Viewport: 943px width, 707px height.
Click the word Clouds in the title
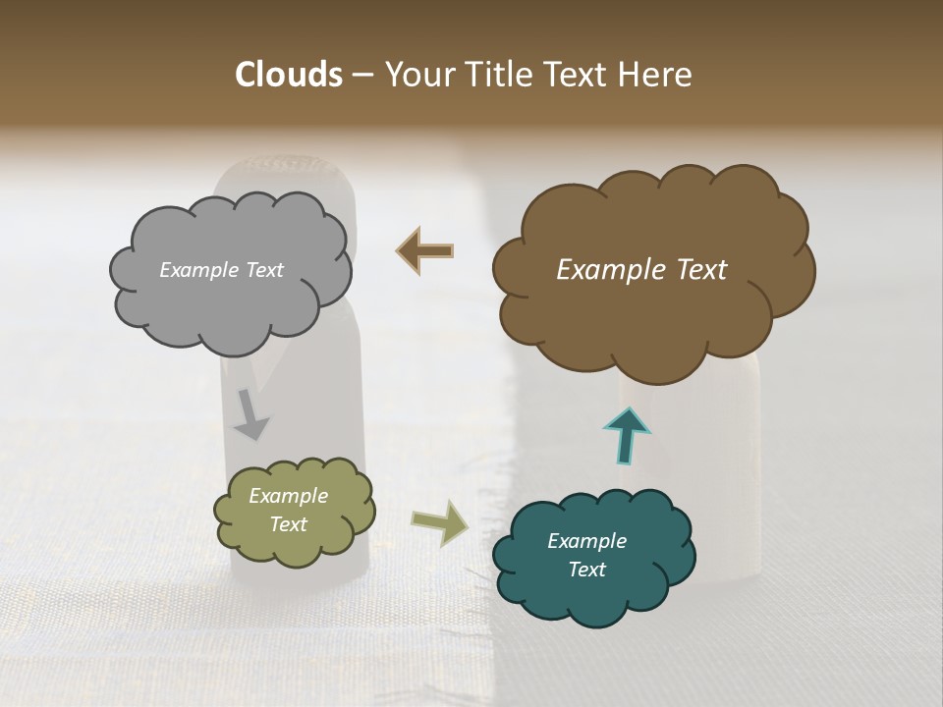click(x=288, y=75)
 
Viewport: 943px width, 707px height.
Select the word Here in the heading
click(x=656, y=75)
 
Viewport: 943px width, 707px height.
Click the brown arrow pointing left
click(x=424, y=251)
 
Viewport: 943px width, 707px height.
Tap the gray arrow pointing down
click(x=251, y=414)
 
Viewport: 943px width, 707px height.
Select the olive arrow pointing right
click(x=440, y=522)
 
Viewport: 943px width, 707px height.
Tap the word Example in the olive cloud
click(x=288, y=496)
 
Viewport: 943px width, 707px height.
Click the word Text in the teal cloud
click(x=586, y=570)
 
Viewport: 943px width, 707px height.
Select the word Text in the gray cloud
click(x=264, y=270)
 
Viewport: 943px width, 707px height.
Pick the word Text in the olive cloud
click(x=288, y=524)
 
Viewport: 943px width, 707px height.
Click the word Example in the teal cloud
click(x=586, y=541)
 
